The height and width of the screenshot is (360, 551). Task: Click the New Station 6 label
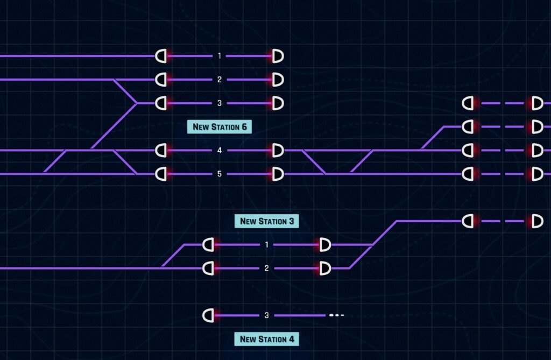tap(220, 126)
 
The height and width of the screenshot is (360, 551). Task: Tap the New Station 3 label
tap(267, 221)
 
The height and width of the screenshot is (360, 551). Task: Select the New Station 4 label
tap(267, 339)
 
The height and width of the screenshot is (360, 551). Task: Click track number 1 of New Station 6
tap(220, 56)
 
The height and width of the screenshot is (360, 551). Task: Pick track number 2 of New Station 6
tap(220, 80)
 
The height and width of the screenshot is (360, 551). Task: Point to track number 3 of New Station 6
tap(220, 103)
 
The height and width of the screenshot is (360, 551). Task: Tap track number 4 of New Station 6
tap(220, 150)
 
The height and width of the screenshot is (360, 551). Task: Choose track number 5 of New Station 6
tap(220, 174)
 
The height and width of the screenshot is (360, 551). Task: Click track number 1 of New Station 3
tap(267, 244)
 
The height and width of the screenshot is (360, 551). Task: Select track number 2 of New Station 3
tap(267, 268)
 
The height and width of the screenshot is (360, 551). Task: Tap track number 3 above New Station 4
tap(267, 315)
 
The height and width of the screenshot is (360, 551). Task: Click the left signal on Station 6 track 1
tap(161, 56)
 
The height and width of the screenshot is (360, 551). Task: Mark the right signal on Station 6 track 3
tap(278, 103)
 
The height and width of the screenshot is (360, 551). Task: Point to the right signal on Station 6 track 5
tap(278, 174)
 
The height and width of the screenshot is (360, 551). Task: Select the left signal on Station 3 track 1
tap(208, 244)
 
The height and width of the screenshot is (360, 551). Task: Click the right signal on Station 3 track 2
tap(325, 268)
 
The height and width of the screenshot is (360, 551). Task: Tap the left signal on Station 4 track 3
tap(208, 315)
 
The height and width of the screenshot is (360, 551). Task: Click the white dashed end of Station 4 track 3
tap(337, 315)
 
